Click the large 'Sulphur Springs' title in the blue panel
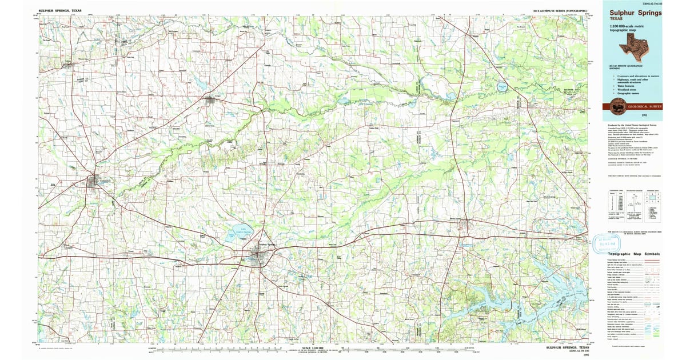coord(632,13)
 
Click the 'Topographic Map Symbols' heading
coord(633,254)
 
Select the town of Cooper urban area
coord(211,101)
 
